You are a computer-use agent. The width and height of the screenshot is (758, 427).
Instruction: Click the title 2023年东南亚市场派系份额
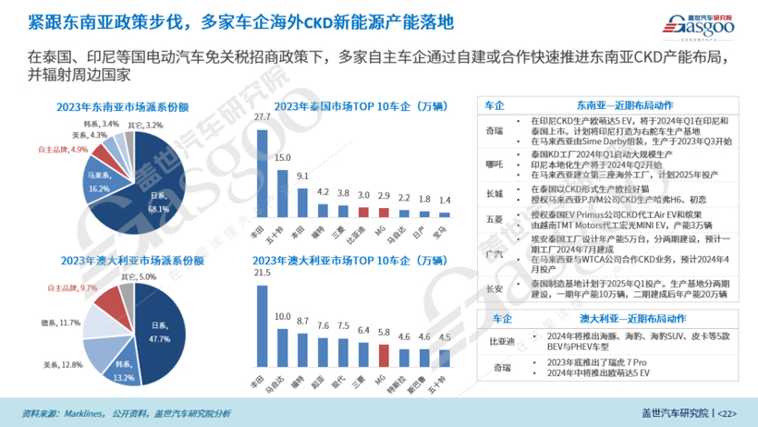pos(125,105)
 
